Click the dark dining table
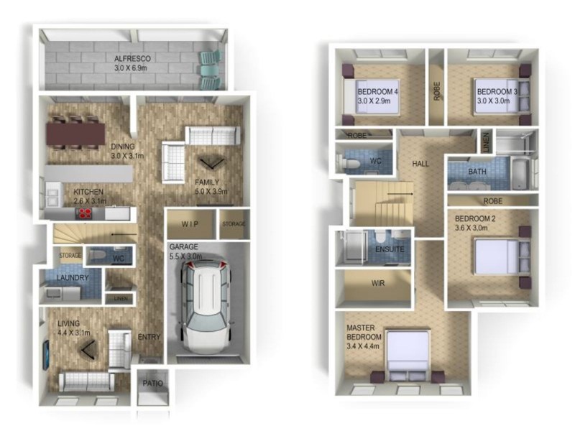coord(75,134)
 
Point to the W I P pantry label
coord(190,224)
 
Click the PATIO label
coord(152,384)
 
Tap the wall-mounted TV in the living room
coord(46,355)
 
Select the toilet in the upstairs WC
coord(349,162)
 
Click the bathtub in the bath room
coord(520,173)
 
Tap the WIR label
coord(378,283)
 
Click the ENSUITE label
coord(390,249)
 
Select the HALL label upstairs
coord(420,164)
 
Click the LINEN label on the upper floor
coord(486,142)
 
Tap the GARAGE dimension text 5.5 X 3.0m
coord(185,256)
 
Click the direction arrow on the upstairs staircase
coord(400,193)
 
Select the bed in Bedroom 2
coord(502,256)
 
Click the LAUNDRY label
coord(73,277)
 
